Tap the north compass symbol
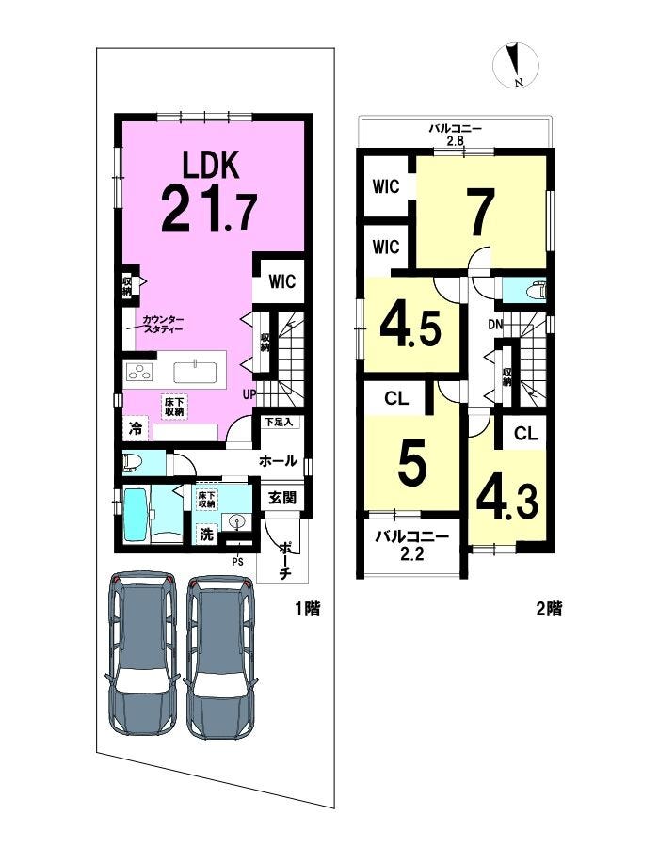click(x=516, y=65)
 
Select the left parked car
click(x=143, y=653)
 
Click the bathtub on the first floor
click(x=136, y=515)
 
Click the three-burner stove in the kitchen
click(x=138, y=372)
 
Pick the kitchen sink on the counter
click(x=195, y=372)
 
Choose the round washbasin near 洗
click(x=237, y=521)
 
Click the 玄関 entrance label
click(x=282, y=497)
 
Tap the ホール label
click(x=278, y=461)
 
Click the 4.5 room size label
click(x=411, y=328)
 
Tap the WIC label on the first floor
click(x=282, y=281)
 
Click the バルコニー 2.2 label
click(x=412, y=546)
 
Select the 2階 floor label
click(x=549, y=609)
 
